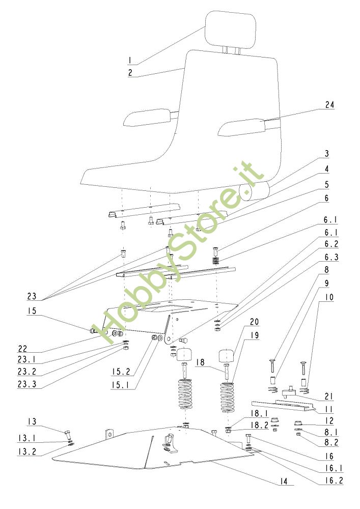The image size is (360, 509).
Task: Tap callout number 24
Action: [329, 105]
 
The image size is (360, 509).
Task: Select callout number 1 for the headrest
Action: [129, 60]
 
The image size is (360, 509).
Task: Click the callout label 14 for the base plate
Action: [284, 481]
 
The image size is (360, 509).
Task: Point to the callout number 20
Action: [254, 321]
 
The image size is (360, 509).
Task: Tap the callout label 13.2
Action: [27, 451]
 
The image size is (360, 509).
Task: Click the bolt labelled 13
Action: [69, 435]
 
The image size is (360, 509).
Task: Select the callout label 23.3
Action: [27, 384]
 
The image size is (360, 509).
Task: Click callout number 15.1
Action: [121, 385]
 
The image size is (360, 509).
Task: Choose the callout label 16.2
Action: [334, 480]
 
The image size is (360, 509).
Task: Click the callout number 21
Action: [329, 397]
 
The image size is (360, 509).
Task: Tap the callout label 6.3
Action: [331, 257]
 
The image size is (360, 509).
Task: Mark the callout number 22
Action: [22, 348]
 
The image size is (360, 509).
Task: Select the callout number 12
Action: [329, 421]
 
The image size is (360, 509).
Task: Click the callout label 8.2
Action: [331, 442]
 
